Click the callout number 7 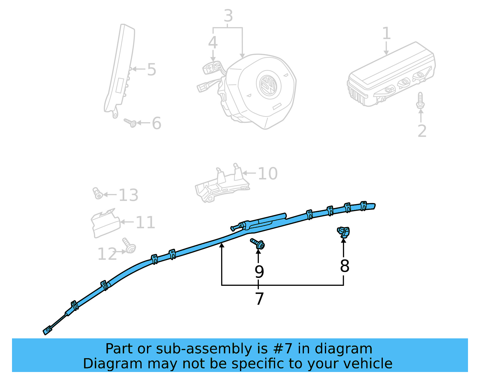[x=259, y=298]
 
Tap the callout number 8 [x=345, y=266]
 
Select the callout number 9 [x=259, y=272]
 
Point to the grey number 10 [x=268, y=174]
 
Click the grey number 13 [x=128, y=195]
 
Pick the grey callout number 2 [x=422, y=131]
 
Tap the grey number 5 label [x=151, y=69]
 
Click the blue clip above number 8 [x=343, y=232]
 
